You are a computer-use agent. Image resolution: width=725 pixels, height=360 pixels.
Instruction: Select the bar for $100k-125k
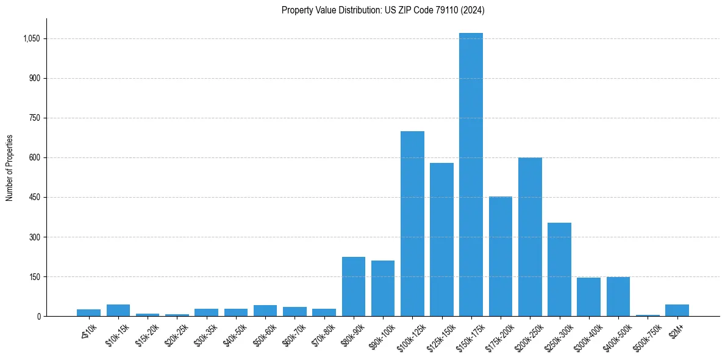pyautogui.click(x=412, y=224)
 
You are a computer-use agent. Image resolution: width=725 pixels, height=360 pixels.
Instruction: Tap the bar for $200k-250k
pyautogui.click(x=530, y=237)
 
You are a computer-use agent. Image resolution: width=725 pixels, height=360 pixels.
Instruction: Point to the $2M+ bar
pyautogui.click(x=677, y=310)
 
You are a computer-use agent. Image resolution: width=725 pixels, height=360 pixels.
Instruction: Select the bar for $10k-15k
pyautogui.click(x=118, y=310)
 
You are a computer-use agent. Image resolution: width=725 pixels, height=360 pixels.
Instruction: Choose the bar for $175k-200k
pyautogui.click(x=501, y=256)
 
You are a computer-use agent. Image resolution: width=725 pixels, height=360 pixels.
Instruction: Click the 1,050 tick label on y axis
pyautogui.click(x=31, y=39)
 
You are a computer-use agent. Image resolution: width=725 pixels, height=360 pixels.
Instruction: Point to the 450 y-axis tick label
pyautogui.click(x=34, y=198)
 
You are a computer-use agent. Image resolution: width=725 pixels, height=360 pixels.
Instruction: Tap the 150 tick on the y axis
pyautogui.click(x=34, y=277)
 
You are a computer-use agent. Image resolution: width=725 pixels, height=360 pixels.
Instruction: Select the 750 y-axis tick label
pyautogui.click(x=34, y=118)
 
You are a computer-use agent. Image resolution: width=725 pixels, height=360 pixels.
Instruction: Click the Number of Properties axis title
pyautogui.click(x=9, y=168)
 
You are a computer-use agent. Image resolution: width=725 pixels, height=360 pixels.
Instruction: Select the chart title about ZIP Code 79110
pyautogui.click(x=383, y=10)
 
